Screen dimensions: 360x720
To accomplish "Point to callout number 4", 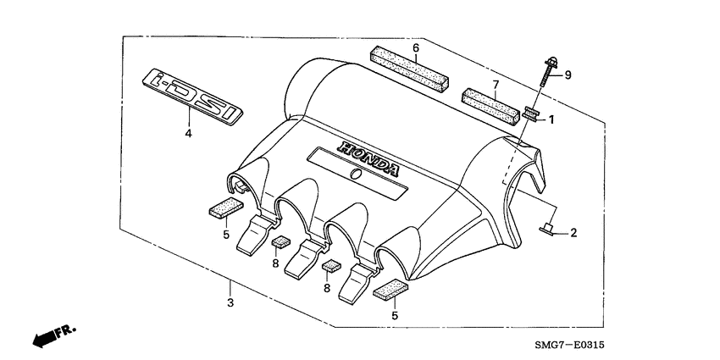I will coord(188,133).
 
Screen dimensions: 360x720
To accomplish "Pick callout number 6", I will coord(416,47).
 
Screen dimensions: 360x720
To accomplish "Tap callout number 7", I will coord(497,84).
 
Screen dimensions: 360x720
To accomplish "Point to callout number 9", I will coord(568,75).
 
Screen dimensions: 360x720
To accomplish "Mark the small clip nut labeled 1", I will coord(531,113).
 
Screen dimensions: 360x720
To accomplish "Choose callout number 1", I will coord(551,119).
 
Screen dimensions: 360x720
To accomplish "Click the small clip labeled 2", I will coord(546,230).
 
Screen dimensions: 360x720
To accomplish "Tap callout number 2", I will coord(573,232).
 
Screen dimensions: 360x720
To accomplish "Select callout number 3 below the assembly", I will coord(230,302).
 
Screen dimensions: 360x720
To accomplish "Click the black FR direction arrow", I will coord(43,339).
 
